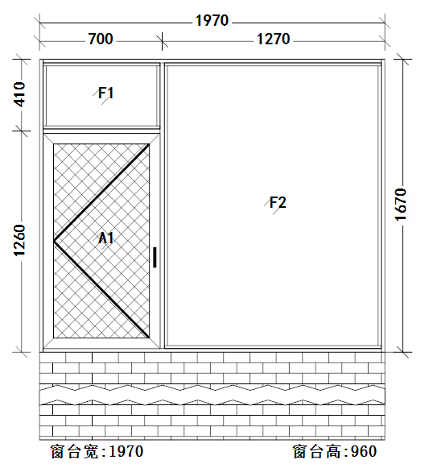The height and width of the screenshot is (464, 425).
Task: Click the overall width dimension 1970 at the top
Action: [x=212, y=20]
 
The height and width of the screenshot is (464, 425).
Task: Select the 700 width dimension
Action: [x=101, y=39]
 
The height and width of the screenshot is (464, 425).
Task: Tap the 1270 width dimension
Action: [x=274, y=39]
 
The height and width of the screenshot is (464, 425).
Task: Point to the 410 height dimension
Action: [x=20, y=94]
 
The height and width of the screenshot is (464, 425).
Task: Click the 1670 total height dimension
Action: [x=401, y=205]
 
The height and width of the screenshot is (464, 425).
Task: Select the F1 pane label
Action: [x=105, y=93]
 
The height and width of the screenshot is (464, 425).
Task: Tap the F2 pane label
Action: [x=278, y=203]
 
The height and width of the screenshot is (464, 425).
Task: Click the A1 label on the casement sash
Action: [x=105, y=238]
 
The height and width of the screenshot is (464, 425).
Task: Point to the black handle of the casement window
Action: [x=155, y=258]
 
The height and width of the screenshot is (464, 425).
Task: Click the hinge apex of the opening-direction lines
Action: [x=54, y=241]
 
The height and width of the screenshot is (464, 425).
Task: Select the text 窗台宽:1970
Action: [x=97, y=452]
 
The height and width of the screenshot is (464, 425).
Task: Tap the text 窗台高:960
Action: [x=335, y=452]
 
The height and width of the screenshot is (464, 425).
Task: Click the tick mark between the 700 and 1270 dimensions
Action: [x=162, y=41]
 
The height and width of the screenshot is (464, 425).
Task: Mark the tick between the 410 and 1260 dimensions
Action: [x=21, y=130]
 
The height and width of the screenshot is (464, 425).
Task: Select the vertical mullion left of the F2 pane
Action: [x=162, y=205]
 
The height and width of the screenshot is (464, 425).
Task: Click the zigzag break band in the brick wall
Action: [x=212, y=395]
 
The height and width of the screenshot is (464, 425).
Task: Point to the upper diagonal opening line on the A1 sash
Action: [x=101, y=193]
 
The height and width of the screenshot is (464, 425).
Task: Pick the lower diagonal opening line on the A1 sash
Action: [x=101, y=289]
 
